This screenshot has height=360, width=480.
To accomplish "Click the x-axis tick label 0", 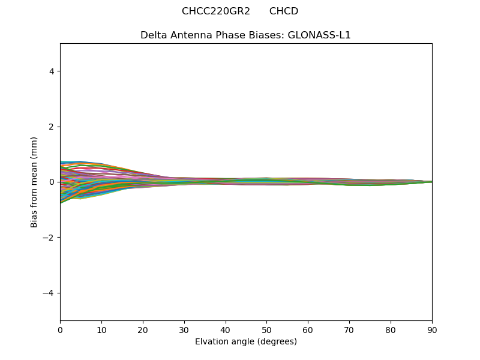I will (60, 329).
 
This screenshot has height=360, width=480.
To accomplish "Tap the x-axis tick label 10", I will (101, 329).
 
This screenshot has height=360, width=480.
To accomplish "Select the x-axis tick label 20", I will (143, 329).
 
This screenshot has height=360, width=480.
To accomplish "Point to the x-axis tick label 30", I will (184, 329).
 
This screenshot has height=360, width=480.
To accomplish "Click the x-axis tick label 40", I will (226, 329).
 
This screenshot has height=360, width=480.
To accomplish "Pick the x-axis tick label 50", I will (266, 329).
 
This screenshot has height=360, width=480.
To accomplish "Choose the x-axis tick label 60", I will (308, 329).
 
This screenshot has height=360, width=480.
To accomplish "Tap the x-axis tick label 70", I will (349, 329).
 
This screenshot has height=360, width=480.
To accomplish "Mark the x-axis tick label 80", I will (391, 329).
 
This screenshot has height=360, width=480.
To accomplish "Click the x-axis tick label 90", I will (432, 329).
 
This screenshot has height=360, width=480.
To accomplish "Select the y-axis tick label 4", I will (52, 71).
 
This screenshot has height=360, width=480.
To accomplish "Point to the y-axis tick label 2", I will (52, 127).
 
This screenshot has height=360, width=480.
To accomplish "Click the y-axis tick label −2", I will (49, 238).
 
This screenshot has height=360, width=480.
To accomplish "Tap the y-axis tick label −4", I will (49, 293).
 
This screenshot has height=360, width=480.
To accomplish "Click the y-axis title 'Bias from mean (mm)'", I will (34, 182).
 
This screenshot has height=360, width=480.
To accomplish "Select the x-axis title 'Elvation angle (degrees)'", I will (246, 342).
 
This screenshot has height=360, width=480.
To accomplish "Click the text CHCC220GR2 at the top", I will (216, 11).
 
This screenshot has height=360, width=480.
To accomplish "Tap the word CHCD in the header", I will (284, 11).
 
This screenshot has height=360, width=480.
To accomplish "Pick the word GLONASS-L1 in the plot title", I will (320, 35).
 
